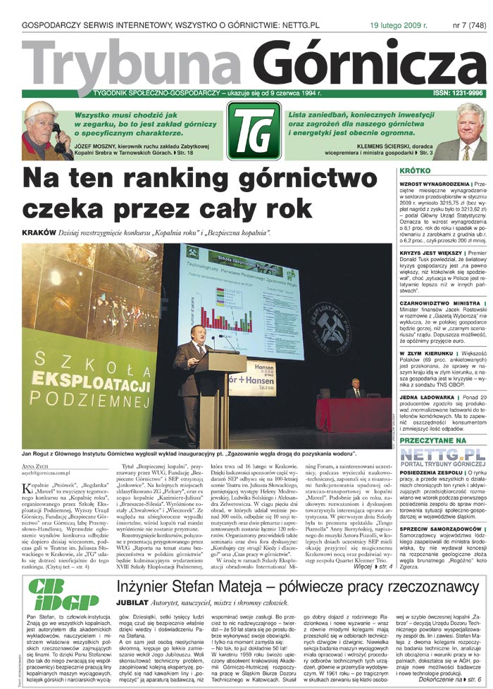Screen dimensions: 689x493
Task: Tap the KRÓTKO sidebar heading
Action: click(x=416, y=171)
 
